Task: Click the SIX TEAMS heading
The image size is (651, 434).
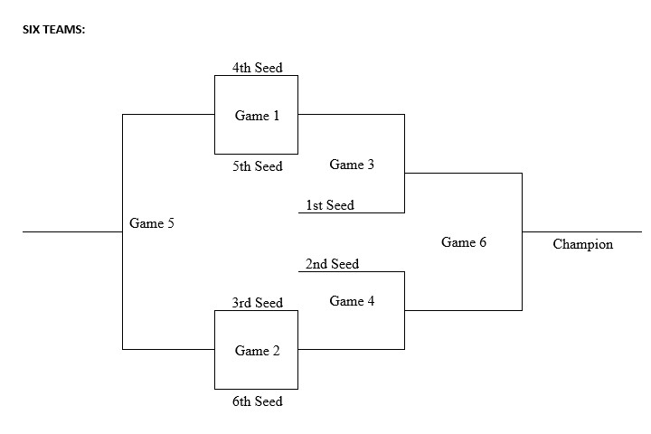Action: point(53,29)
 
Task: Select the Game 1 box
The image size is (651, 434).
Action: point(256,115)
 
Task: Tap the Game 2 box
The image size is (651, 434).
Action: point(256,350)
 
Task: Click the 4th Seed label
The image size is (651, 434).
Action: point(257,68)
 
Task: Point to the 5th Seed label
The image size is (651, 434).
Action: point(257,166)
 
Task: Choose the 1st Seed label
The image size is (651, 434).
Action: point(330,205)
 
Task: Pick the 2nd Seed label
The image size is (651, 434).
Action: point(332,264)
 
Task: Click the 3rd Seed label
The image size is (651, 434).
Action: point(257,303)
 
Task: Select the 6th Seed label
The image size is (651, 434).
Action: point(257,401)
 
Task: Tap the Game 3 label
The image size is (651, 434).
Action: point(352,165)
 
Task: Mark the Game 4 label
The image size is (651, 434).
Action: point(352,301)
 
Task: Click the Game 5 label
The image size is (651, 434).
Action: point(152,223)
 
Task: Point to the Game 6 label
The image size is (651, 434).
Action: point(464,242)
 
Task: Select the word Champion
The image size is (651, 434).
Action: point(582,244)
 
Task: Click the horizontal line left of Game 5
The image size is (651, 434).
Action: point(72,231)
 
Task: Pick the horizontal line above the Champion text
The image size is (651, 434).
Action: point(582,231)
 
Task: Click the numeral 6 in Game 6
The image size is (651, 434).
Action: point(482,242)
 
